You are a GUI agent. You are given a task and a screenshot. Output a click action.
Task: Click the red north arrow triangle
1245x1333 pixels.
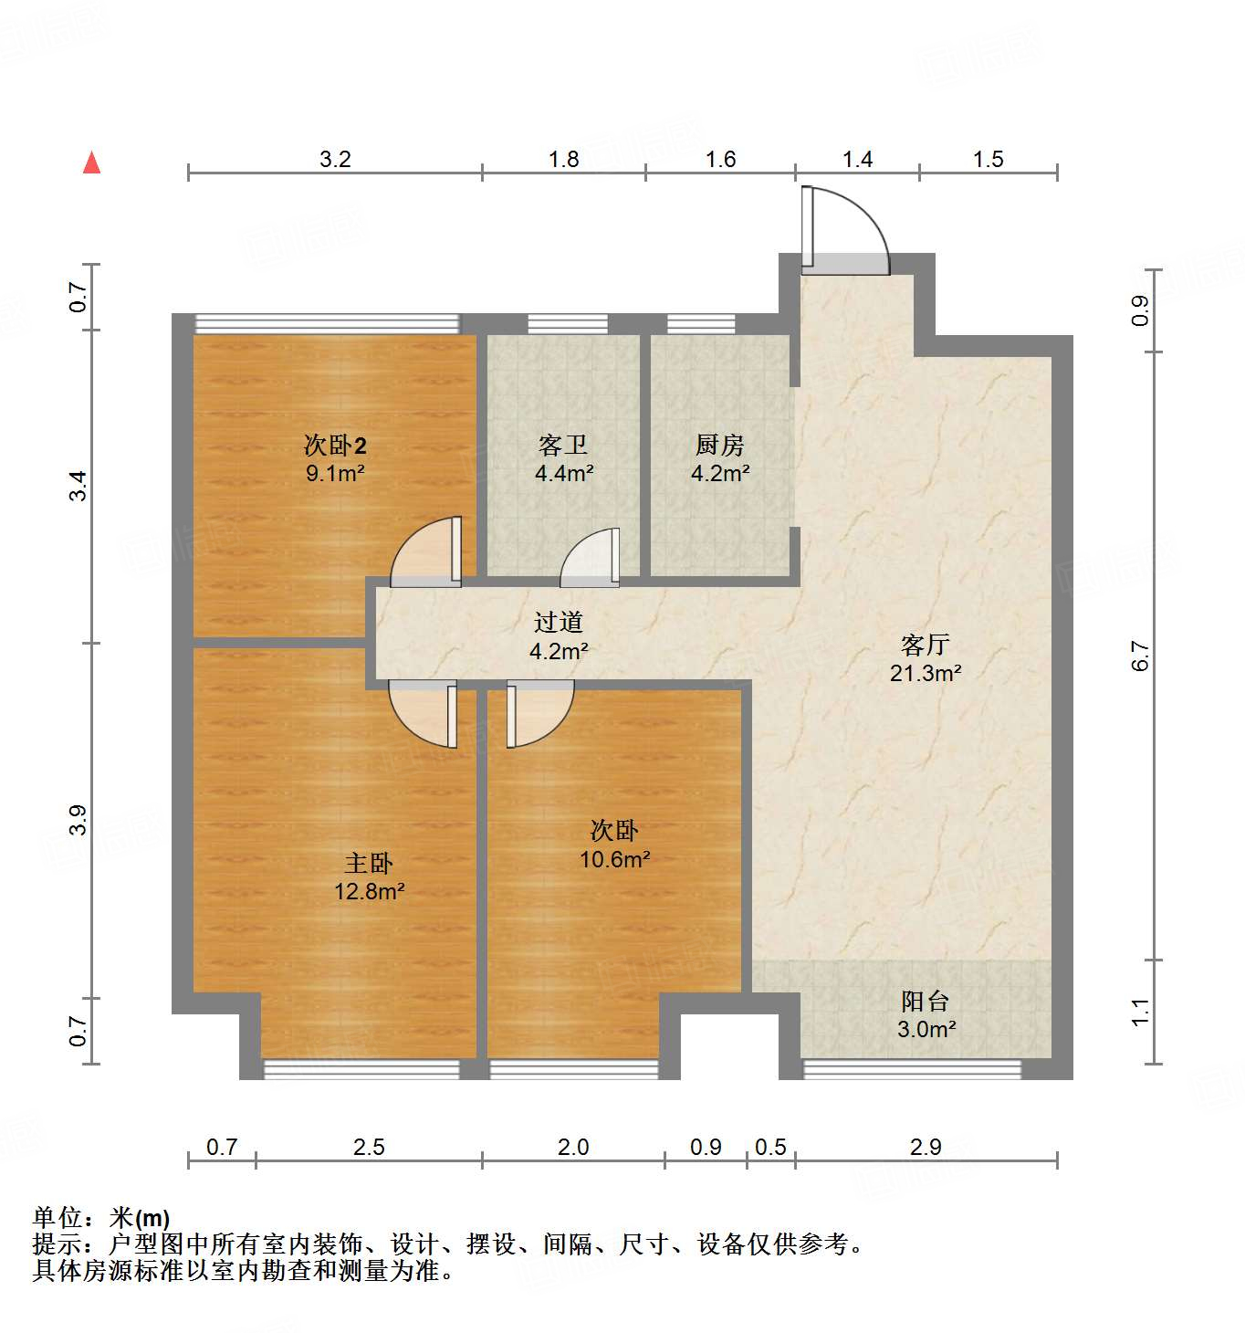pyautogui.click(x=91, y=163)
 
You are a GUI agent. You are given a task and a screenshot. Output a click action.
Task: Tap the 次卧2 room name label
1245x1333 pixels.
pyautogui.click(x=335, y=446)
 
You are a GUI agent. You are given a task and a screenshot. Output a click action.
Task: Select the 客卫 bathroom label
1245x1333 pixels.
pyautogui.click(x=563, y=446)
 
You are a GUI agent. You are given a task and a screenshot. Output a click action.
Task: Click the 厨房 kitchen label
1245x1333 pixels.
pyautogui.click(x=719, y=446)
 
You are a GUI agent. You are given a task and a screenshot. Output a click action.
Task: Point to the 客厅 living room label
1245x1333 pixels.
pyautogui.click(x=925, y=646)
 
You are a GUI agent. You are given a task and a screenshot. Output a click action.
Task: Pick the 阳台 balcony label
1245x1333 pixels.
pyautogui.click(x=925, y=1002)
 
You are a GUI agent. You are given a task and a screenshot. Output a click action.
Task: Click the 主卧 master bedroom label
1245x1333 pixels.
pyautogui.click(x=369, y=863)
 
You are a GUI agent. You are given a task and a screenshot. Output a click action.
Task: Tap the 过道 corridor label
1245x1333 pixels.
pyautogui.click(x=558, y=623)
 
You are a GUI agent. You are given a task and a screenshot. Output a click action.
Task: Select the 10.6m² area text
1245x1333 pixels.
pyautogui.click(x=614, y=859)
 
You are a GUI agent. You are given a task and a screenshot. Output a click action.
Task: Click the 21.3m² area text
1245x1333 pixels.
pyautogui.click(x=925, y=674)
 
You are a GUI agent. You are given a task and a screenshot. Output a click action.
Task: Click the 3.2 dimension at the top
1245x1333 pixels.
pyautogui.click(x=335, y=160)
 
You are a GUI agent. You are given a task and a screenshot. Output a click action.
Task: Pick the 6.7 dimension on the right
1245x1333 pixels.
pyautogui.click(x=1141, y=656)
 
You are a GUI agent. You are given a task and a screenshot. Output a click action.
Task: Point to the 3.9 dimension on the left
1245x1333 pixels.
pyautogui.click(x=78, y=819)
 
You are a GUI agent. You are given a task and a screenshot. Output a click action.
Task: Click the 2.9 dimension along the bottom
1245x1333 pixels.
pyautogui.click(x=926, y=1147)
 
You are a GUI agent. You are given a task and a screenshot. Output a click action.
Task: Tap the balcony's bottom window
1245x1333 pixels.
pyautogui.click(x=911, y=1069)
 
